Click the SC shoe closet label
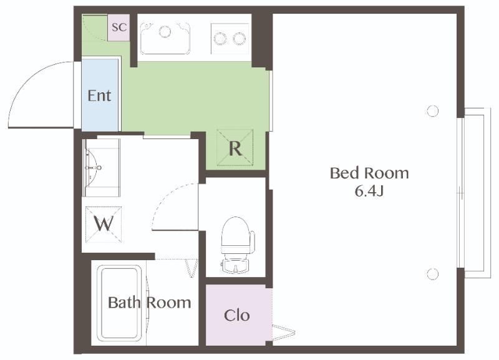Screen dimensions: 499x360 (119, 27)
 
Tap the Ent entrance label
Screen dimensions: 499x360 (99, 95)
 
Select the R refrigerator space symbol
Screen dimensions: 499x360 (235, 148)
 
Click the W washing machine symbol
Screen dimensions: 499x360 (104, 225)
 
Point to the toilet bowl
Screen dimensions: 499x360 (237, 235)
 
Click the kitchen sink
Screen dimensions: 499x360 (165, 38)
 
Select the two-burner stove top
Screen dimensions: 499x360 (230, 39)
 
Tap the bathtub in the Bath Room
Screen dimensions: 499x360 (120, 303)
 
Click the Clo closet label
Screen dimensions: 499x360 (237, 316)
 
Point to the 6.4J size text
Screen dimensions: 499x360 (369, 191)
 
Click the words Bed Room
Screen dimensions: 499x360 (369, 173)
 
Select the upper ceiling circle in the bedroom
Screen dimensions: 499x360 (432, 111)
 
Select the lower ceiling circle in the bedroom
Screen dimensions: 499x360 (432, 274)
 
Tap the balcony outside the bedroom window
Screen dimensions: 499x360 (477, 193)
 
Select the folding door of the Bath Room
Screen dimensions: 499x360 (192, 268)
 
